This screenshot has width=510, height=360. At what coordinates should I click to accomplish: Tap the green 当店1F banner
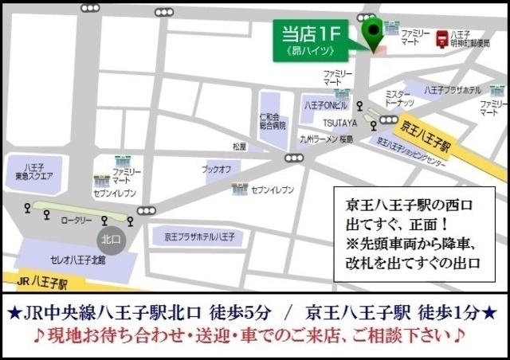[x=311, y=41]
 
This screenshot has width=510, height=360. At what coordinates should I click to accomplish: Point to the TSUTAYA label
[x=340, y=124]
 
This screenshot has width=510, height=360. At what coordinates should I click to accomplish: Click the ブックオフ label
[x=216, y=169]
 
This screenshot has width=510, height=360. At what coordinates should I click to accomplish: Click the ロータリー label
[x=77, y=219]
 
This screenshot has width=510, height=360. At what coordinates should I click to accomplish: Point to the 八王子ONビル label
[x=326, y=105]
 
